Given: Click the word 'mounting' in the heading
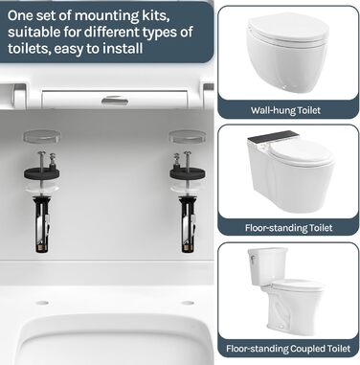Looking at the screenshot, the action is [107, 16].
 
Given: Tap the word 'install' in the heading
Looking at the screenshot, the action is [124, 49].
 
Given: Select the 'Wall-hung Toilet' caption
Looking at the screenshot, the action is [285, 110].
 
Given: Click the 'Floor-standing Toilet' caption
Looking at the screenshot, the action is [288, 228].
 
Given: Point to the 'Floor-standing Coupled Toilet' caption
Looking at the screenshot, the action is [288, 349].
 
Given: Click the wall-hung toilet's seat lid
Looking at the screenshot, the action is [288, 28].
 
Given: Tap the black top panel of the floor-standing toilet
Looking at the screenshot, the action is [274, 137].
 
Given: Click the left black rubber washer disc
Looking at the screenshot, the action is [42, 172].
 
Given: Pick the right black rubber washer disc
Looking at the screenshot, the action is [188, 172].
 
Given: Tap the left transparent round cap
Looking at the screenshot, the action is [42, 136].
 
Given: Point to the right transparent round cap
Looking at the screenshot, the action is [188, 136].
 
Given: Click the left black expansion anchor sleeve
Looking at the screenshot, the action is [42, 224].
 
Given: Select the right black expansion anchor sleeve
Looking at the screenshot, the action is [188, 224].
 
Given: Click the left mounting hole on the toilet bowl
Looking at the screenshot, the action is [42, 303].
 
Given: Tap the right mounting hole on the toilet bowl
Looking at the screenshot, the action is [188, 303].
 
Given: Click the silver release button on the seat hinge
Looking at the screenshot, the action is [115, 101].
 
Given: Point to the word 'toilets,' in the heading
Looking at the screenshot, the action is [28, 49].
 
